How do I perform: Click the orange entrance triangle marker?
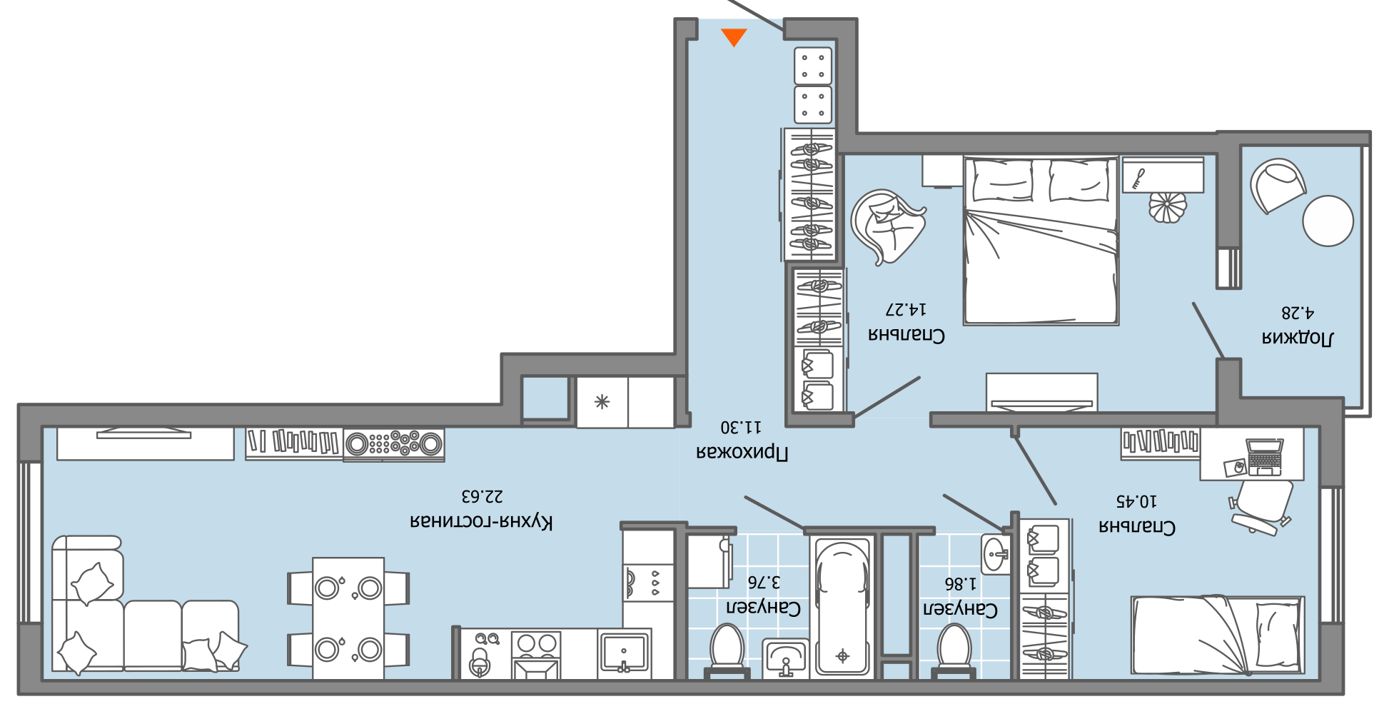(734, 36)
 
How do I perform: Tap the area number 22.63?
(482, 496)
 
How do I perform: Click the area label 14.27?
(906, 309)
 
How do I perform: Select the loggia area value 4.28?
(1298, 313)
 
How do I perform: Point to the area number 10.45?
(1136, 501)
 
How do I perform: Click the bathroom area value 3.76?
(764, 582)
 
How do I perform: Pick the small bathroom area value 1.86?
(960, 584)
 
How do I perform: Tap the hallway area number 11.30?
(741, 427)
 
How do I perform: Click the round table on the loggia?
(1328, 221)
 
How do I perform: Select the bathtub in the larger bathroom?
(842, 607)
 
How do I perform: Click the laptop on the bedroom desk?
(1264, 456)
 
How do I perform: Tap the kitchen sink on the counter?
(624, 652)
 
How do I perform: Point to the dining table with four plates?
(348, 618)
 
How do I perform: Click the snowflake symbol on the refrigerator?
(602, 402)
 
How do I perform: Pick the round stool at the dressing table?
(1167, 207)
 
